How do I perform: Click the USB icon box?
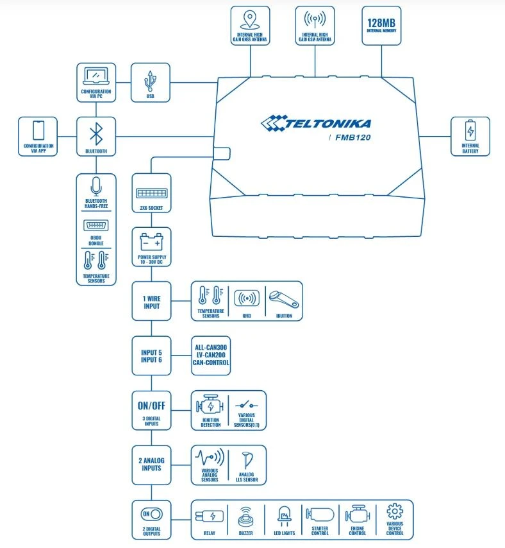click(151, 82)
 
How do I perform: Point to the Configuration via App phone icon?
click(38, 131)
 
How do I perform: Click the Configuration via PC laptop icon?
click(96, 77)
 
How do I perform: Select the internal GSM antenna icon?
click(315, 19)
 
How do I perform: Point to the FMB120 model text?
click(352, 137)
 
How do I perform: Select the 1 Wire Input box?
click(151, 301)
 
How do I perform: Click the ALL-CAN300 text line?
click(211, 347)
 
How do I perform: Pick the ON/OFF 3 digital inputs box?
click(151, 410)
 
